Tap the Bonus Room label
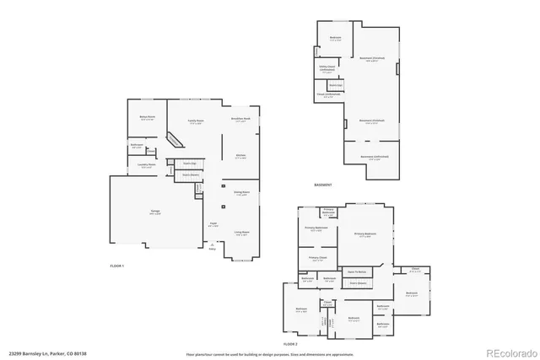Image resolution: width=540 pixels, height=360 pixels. (147, 118)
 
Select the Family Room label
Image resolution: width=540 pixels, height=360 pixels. (195, 120)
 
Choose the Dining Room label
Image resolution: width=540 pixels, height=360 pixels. (240, 193)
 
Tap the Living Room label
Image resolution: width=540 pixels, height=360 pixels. (240, 232)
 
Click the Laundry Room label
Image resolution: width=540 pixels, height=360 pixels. (147, 165)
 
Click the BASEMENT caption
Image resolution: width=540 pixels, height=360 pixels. (322, 185)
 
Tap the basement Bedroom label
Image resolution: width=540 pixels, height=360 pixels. (335, 38)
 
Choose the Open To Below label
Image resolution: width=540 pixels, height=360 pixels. (357, 272)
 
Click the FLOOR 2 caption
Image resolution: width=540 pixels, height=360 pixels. (291, 345)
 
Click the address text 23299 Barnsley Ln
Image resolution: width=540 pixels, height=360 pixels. (42, 354)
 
